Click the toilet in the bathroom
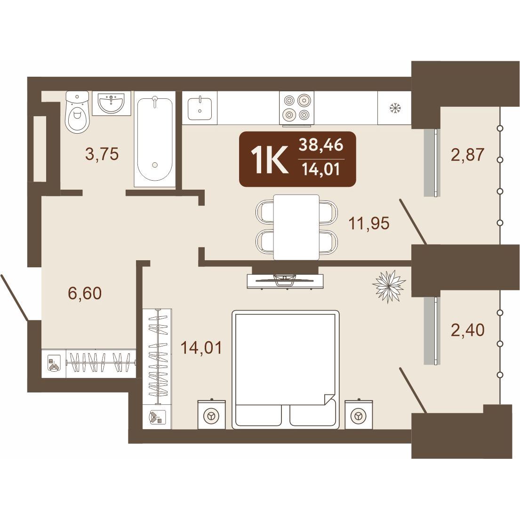(78, 112)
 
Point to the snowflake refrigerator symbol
(395, 108)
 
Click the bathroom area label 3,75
(102, 154)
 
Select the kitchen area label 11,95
(369, 223)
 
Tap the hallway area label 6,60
(85, 293)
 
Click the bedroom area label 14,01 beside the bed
(201, 348)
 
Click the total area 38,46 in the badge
(321, 145)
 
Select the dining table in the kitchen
(296, 227)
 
